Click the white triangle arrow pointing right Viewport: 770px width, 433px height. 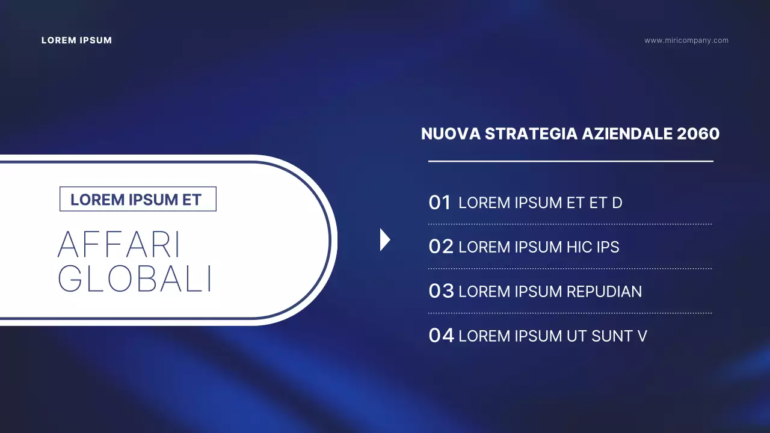pyautogui.click(x=384, y=240)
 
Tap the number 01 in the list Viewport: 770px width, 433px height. pyautogui.click(x=440, y=203)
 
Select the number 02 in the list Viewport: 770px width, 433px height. pyautogui.click(x=441, y=247)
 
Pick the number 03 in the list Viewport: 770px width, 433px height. pyautogui.click(x=441, y=291)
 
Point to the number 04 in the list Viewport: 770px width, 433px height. pyautogui.click(x=441, y=336)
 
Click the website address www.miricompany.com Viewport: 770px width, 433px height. pyautogui.click(x=686, y=40)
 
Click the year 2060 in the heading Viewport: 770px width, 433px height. pyautogui.click(x=698, y=134)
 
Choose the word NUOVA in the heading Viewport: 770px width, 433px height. pyautogui.click(x=451, y=134)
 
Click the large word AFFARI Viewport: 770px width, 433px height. pyautogui.click(x=119, y=245)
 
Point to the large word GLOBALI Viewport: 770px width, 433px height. pyautogui.click(x=135, y=278)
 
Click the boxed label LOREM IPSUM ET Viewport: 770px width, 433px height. pyautogui.click(x=137, y=199)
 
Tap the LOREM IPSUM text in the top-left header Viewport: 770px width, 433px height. pyautogui.click(x=76, y=40)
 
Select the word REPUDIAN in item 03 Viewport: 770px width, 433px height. pyautogui.click(x=604, y=292)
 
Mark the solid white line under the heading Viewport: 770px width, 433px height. pyautogui.click(x=570, y=161)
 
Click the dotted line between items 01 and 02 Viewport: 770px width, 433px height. pyautogui.click(x=570, y=224)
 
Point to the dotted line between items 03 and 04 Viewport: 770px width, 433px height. pyautogui.click(x=570, y=313)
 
